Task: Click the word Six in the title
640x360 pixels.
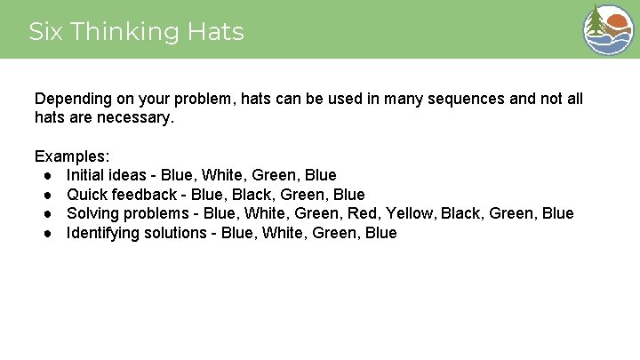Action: click(x=45, y=32)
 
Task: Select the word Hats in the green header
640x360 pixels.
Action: click(x=216, y=32)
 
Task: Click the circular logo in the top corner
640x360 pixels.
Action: click(x=607, y=29)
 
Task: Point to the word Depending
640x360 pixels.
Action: click(x=70, y=99)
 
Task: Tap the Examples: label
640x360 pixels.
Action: click(x=72, y=156)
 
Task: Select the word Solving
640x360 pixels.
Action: click(x=92, y=213)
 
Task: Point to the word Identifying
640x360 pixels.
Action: click(x=103, y=233)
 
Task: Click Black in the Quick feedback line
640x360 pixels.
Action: click(x=251, y=195)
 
